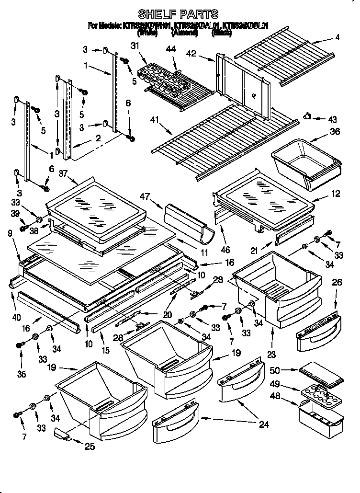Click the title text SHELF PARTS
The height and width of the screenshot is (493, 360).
[x=178, y=14]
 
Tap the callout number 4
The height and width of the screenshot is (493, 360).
[x=337, y=37]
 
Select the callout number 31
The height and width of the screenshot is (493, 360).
[x=134, y=46]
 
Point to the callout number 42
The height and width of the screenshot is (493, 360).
[x=204, y=55]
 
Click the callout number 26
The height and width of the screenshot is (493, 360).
[x=337, y=283]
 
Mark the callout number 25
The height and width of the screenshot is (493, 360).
[x=89, y=447]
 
